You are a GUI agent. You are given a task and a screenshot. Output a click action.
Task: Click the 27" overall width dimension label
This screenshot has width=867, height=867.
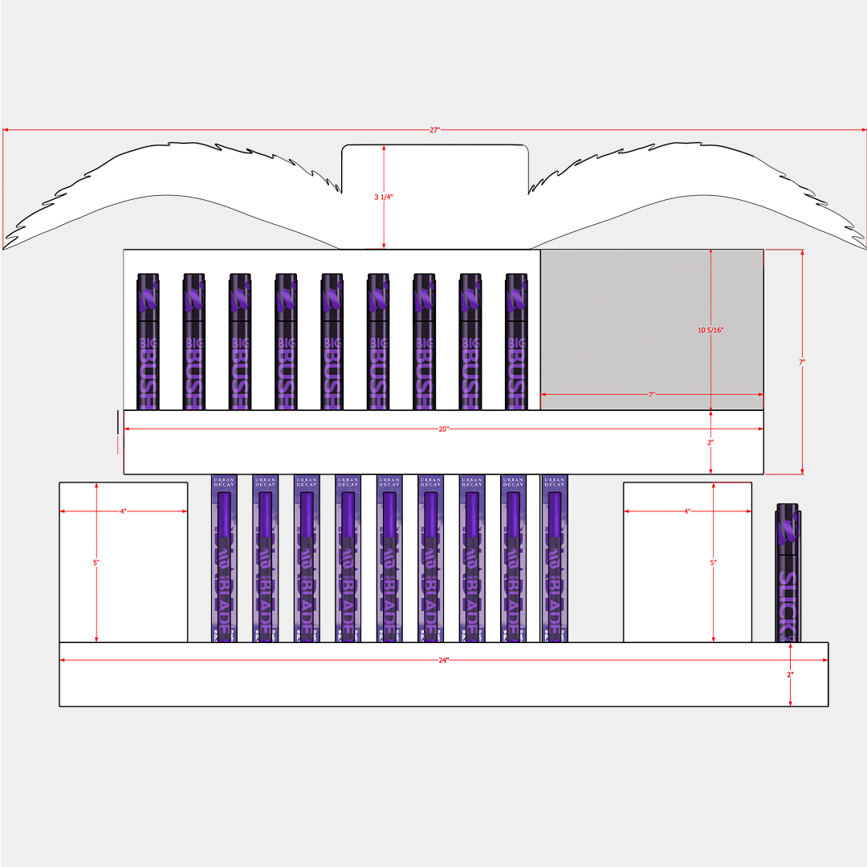pos(434,130)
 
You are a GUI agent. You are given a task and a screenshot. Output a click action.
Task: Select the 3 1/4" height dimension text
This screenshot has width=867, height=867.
pos(384,197)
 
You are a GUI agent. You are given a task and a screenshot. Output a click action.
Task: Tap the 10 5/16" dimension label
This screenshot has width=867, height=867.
pos(712,330)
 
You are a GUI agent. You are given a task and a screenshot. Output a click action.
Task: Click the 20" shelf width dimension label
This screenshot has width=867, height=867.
pos(443,429)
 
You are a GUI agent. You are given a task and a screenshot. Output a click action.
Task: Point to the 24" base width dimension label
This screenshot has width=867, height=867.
pos(443,660)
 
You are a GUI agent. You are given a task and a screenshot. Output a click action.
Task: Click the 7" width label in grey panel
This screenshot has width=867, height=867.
pos(652,395)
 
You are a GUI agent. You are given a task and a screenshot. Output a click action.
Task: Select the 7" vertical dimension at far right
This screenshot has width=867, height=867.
pos(801,362)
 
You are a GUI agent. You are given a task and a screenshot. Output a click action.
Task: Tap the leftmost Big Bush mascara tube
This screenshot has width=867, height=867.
pos(148,341)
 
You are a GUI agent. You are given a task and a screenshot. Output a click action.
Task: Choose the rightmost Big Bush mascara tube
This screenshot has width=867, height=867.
pos(516,341)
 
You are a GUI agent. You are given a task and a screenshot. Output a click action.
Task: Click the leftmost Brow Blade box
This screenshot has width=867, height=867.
pos(224,558)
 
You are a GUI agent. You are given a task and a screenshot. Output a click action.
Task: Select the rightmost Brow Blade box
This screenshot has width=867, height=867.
pos(555,558)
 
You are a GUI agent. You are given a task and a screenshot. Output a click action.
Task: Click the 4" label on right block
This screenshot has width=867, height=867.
pos(687,511)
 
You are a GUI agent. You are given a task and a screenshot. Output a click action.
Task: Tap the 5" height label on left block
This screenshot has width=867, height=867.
pos(96,563)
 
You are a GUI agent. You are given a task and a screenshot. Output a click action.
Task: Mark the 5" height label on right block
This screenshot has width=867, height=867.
pos(713,563)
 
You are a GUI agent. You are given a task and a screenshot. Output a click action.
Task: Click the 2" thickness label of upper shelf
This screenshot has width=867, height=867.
pos(711,442)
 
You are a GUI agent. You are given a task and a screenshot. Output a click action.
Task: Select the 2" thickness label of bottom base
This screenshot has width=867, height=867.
pos(790,674)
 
